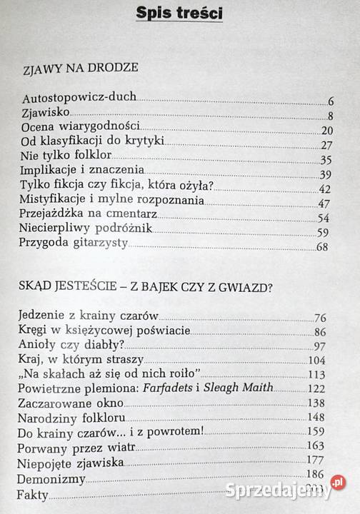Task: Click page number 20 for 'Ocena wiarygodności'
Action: [x=326, y=130]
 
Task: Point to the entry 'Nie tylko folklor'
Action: [x=67, y=159]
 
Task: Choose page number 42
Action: [x=325, y=188]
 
